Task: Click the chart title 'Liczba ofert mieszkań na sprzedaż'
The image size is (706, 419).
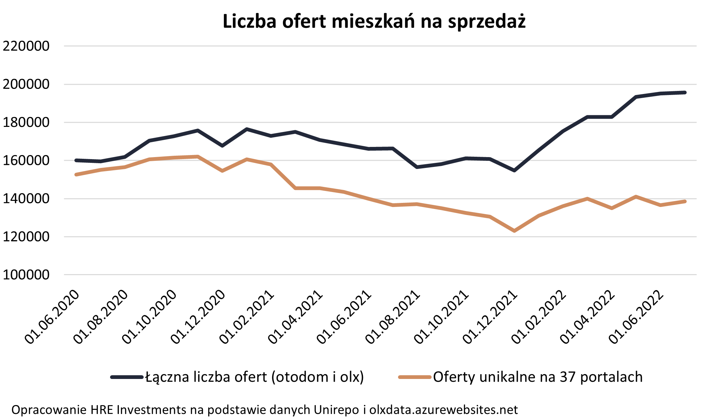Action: pyautogui.click(x=374, y=21)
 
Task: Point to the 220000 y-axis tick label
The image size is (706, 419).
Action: pyautogui.click(x=26, y=46)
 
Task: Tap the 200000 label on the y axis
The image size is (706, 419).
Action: pyautogui.click(x=26, y=84)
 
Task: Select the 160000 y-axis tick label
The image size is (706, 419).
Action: pyautogui.click(x=26, y=160)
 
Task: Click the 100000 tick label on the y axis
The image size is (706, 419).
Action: pyautogui.click(x=26, y=275)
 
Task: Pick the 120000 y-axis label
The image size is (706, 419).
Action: pyautogui.click(x=26, y=237)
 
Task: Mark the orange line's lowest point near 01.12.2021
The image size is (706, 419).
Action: pyautogui.click(x=514, y=231)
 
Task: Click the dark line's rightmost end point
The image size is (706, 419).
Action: pyautogui.click(x=685, y=92)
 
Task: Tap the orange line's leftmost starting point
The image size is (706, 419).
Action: pyautogui.click(x=76, y=174)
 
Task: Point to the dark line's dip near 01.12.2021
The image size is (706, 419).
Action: pyautogui.click(x=514, y=170)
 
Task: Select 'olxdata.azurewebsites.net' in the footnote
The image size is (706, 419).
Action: pyautogui.click(x=443, y=410)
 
